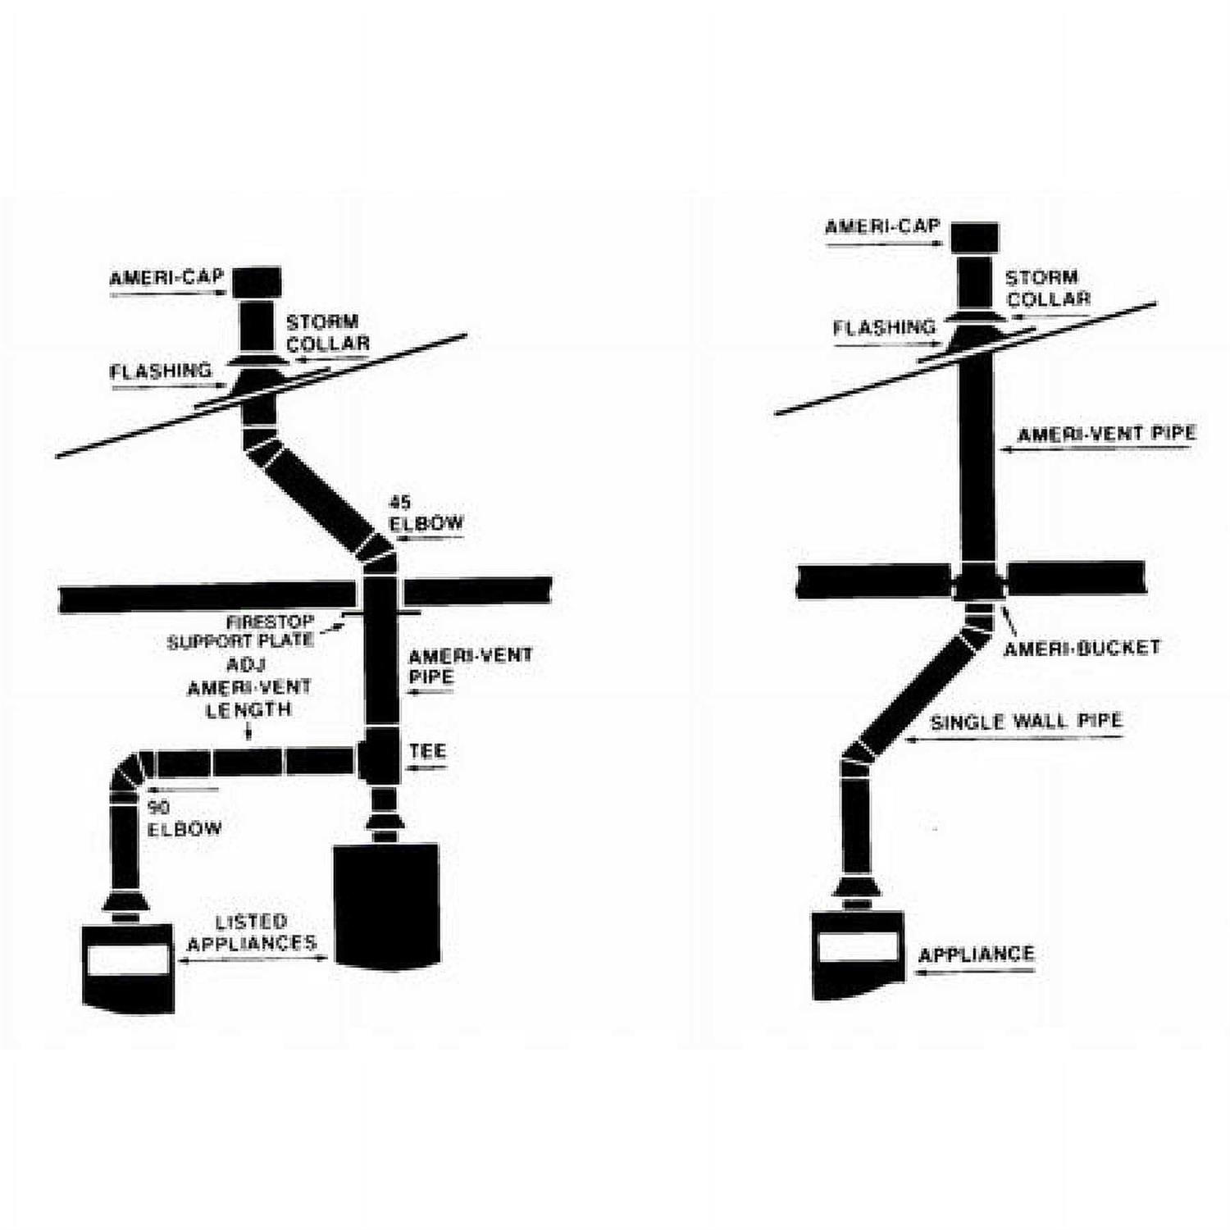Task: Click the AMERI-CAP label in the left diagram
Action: click(166, 277)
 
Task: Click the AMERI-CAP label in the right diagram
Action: click(882, 226)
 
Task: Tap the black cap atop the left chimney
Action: click(257, 283)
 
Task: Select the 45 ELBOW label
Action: click(426, 513)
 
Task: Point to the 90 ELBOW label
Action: click(184, 818)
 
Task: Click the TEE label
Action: click(428, 750)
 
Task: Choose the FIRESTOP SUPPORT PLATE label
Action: click(241, 631)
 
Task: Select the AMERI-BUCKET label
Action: click(1082, 648)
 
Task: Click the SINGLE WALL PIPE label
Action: click(1026, 722)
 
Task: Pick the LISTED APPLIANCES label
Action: click(252, 933)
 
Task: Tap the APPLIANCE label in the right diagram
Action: click(976, 954)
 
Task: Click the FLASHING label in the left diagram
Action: click(161, 371)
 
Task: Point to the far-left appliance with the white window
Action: click(128, 968)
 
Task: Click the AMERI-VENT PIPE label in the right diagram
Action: click(1106, 433)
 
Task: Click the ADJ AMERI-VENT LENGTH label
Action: click(248, 687)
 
